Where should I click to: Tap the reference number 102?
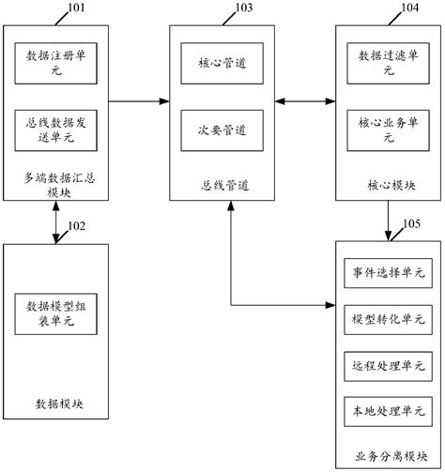point(77,225)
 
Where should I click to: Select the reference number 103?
point(242,9)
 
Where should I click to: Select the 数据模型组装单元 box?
point(55,313)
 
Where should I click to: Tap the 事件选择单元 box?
point(388,272)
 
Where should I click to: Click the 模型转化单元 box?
point(388,318)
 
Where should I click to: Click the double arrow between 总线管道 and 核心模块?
point(304,97)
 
